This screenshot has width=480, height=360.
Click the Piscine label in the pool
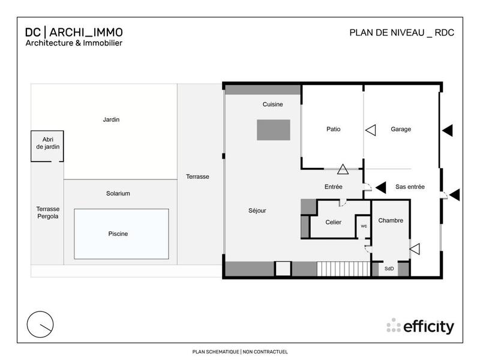(118, 234)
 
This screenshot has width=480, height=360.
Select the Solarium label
(118, 193)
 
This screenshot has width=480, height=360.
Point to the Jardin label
(111, 119)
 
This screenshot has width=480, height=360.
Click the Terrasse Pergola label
(47, 212)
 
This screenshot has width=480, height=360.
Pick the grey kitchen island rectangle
(274, 130)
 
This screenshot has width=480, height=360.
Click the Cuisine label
(272, 104)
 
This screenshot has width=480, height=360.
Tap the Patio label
(334, 129)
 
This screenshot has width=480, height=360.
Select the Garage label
(401, 129)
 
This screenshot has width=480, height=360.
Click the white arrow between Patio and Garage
(370, 130)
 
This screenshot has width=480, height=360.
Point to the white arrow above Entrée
(343, 170)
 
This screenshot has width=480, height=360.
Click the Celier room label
(333, 222)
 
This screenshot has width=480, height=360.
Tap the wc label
(364, 226)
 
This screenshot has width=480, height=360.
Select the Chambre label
(391, 221)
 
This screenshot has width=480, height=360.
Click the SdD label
(389, 269)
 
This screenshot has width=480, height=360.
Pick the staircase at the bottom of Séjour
(343, 268)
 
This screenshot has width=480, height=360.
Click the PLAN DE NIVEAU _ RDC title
(401, 32)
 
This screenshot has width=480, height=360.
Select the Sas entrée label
(410, 187)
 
